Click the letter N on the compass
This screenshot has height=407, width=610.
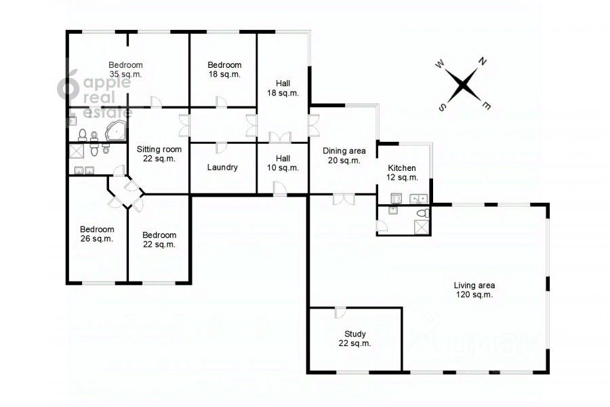483,61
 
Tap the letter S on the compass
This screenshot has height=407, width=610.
443,107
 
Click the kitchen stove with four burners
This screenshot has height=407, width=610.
396,198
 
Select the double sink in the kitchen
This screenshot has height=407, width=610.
418,199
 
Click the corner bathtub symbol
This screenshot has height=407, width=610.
116,131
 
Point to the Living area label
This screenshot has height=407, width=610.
474,290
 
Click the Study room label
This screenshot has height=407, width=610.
354,338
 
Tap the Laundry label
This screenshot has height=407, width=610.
222,168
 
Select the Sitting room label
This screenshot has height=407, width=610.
159,154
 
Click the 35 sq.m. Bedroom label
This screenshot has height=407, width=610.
125,69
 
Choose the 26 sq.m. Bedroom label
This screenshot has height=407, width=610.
97,233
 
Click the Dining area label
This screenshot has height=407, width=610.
344,155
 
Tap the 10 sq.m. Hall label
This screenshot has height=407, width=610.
283,163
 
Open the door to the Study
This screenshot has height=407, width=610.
340,312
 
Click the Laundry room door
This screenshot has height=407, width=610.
222,148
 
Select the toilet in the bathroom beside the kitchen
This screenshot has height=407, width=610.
423,212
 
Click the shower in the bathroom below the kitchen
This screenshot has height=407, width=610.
422,227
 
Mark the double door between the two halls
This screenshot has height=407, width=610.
280,138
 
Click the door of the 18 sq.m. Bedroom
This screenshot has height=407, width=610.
222,102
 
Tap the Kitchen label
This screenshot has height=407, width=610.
402,172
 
